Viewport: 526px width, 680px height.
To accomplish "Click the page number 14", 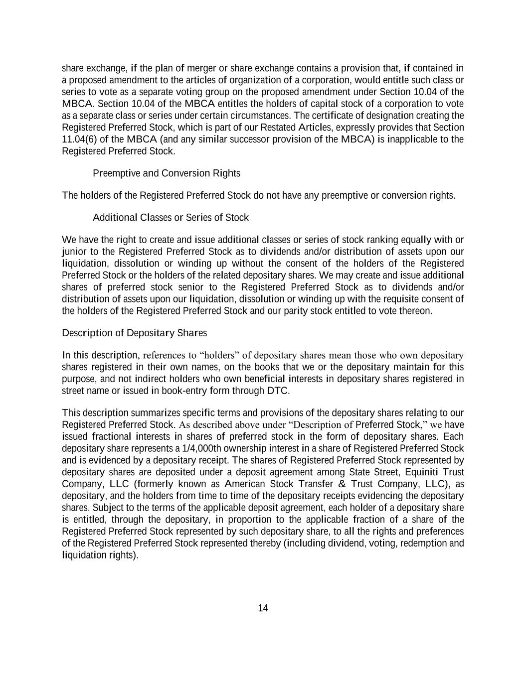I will coord(263,608).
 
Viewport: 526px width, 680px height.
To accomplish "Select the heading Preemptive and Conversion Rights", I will coord(166,173).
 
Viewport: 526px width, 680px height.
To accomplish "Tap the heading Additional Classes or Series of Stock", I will coord(171,218).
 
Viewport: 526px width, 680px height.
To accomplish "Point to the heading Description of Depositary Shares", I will coord(134,333).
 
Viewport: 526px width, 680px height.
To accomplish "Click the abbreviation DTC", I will coord(277,391).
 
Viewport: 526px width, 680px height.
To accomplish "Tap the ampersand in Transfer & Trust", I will coord(342,484).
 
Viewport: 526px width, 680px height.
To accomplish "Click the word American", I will coord(245,484).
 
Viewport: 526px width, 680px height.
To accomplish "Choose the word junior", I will coord(74,252).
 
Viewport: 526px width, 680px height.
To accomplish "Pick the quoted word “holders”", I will coord(219,355).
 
